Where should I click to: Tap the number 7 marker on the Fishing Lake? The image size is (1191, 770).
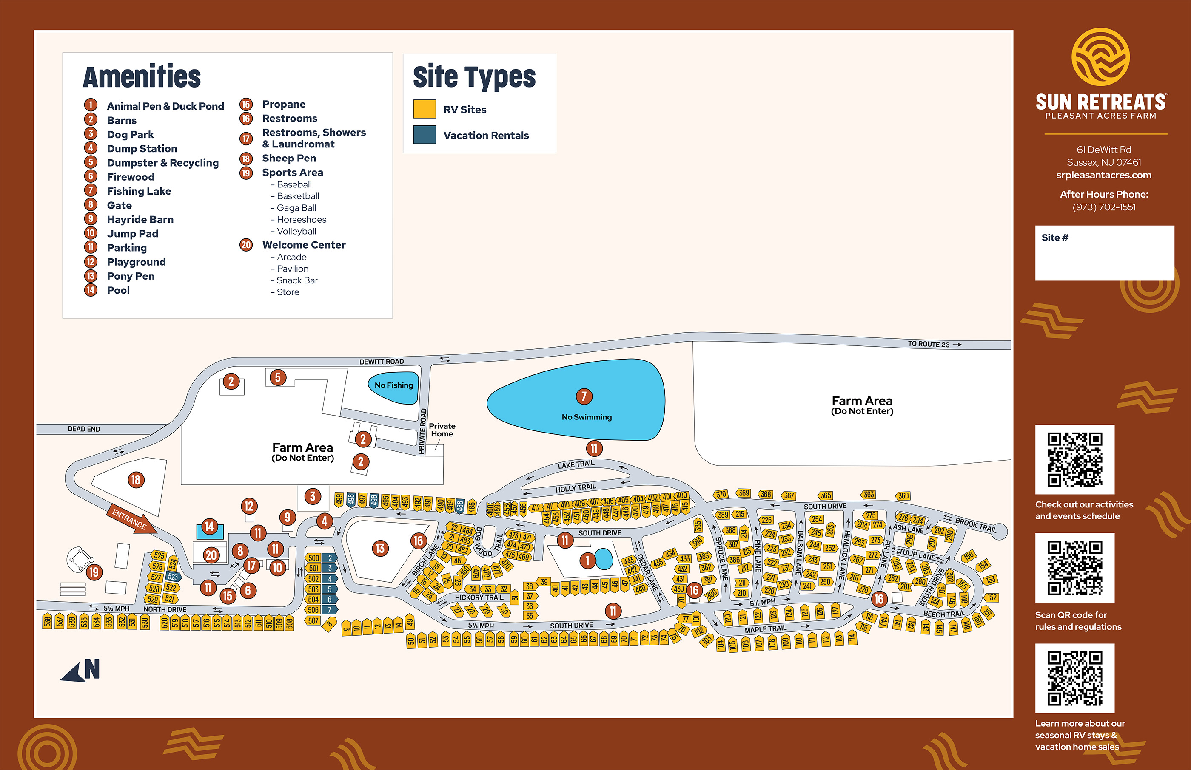[584, 396]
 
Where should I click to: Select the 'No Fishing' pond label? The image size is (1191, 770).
[394, 385]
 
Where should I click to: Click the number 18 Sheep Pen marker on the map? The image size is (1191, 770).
[136, 480]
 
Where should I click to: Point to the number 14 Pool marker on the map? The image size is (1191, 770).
[209, 526]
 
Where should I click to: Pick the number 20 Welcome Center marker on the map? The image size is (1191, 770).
[211, 555]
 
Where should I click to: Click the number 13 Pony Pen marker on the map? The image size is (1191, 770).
[380, 549]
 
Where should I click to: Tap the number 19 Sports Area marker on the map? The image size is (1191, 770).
[94, 572]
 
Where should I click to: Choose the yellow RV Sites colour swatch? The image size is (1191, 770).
[424, 109]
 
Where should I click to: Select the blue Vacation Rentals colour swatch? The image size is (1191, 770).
[424, 135]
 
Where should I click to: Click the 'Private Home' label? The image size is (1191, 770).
[442, 430]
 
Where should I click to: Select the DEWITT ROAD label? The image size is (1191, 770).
[381, 362]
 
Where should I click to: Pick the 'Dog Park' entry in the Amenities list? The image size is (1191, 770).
[130, 135]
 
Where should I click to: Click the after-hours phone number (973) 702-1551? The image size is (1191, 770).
[1103, 207]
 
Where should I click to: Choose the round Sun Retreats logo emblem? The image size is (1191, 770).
[1100, 57]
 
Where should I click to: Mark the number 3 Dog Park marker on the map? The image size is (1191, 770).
[312, 496]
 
